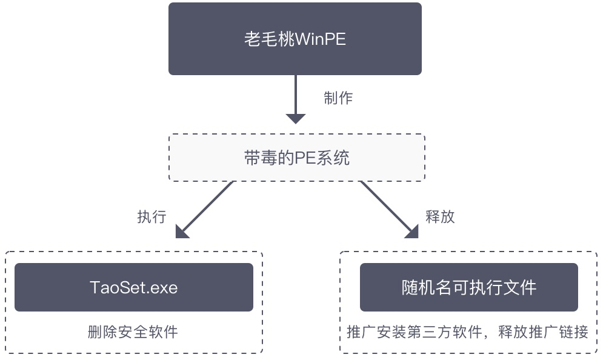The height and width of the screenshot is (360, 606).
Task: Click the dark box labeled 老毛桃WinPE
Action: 295,39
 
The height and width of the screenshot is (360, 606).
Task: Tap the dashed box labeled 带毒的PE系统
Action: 295,158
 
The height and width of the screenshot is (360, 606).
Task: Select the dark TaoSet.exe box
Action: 133,287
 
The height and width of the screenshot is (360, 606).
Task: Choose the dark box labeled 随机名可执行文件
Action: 469,287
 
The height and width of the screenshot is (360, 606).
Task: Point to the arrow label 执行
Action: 151,217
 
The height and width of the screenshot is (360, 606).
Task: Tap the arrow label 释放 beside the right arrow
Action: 441,217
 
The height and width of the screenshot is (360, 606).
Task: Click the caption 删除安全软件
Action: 133,332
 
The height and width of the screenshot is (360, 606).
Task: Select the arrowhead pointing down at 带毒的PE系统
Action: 295,118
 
